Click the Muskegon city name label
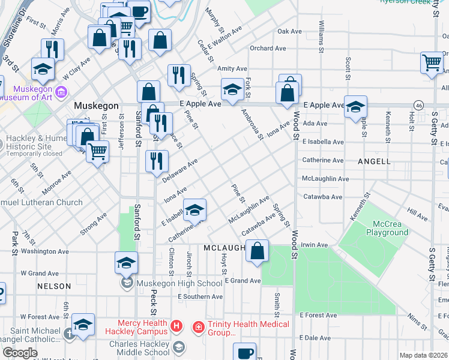[96, 106]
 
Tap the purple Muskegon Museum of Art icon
[60, 92]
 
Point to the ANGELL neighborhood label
[375, 161]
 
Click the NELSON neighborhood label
[54, 286]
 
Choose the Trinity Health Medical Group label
[249, 328]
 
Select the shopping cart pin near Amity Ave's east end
[432, 62]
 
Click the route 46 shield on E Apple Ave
[418, 105]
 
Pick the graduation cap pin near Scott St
[355, 107]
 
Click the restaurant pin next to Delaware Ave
[157, 161]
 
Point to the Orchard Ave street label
[264, 49]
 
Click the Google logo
[20, 353]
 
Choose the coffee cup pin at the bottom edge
[244, 352]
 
